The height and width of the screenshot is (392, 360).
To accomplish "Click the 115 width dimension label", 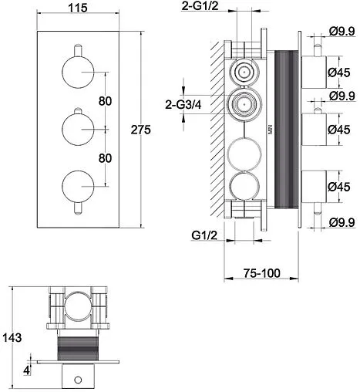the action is point(78,8).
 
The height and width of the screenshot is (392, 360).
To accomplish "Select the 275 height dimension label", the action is point(140,130).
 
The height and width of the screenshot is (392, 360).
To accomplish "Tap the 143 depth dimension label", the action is point(12,337).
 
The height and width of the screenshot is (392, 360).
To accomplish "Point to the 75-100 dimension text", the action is point(261,273).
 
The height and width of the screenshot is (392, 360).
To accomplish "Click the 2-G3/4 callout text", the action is point(183,105).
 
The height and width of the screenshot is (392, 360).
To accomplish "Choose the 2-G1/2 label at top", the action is point(200,5).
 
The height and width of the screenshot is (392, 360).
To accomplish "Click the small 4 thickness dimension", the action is point(27,370).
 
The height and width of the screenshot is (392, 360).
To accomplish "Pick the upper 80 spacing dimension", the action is point(105,101).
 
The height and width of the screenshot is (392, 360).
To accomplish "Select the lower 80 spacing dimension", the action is point(105,158).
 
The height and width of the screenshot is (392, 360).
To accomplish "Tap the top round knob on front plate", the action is point(78,73).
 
